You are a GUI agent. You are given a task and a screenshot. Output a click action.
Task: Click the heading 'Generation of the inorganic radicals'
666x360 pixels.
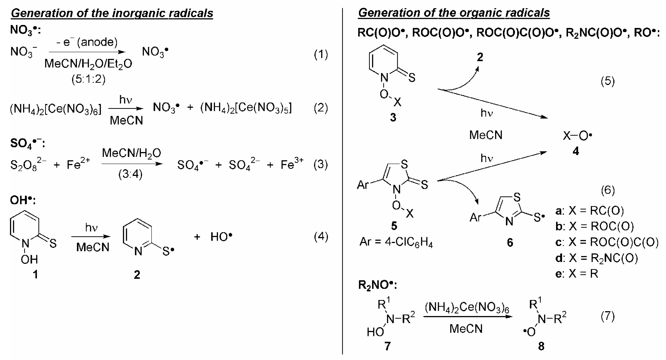112,13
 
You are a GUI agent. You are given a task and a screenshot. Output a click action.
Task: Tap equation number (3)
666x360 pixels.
321,165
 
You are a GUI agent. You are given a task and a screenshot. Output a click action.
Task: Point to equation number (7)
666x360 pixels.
607,316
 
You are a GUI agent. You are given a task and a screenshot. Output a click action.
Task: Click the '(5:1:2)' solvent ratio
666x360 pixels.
88,79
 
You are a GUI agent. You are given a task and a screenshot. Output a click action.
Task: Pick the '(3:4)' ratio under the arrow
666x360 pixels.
130,174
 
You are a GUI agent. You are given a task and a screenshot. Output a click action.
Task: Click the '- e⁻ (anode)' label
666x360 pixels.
87,42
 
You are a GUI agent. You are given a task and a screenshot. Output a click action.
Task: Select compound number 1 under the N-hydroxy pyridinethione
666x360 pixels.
35,274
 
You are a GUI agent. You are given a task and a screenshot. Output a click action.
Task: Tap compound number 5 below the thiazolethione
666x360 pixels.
394,226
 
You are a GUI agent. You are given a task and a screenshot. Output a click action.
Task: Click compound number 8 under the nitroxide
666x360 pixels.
541,346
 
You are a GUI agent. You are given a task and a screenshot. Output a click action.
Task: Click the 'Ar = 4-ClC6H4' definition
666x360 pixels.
396,242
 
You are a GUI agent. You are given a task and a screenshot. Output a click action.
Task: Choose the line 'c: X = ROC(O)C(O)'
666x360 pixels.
607,242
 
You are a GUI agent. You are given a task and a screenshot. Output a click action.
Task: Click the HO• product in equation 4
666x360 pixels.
221,236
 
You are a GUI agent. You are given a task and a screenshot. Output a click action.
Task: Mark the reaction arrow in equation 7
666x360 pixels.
467,317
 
